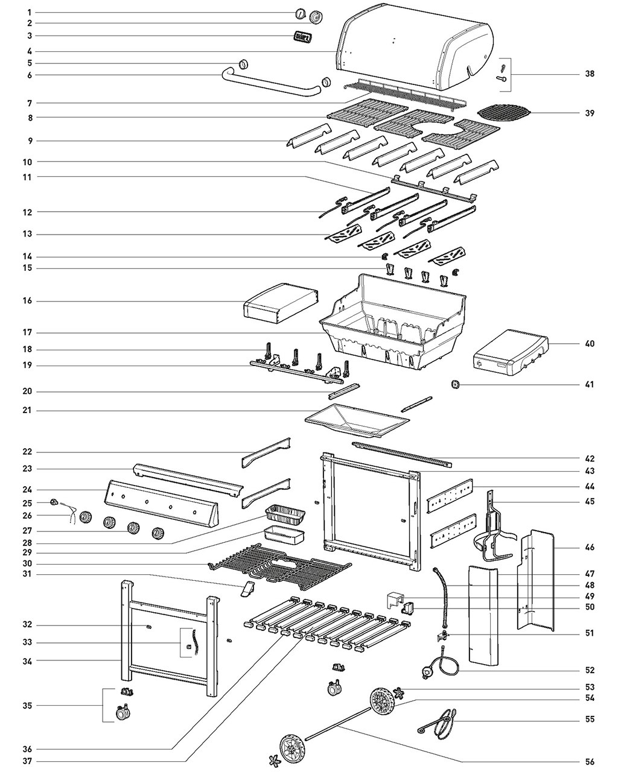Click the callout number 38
coord(590,74)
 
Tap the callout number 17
coord(28,332)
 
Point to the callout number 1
coord(30,13)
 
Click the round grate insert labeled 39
coord(504,113)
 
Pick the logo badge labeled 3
coord(303,37)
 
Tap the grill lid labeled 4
coord(415,46)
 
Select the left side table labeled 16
coord(281,303)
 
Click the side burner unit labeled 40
coord(511,353)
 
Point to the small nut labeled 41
coord(455,385)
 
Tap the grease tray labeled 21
coord(357,420)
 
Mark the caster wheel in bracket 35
coord(123,712)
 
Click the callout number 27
coord(28,531)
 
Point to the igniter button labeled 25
coord(54,502)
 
